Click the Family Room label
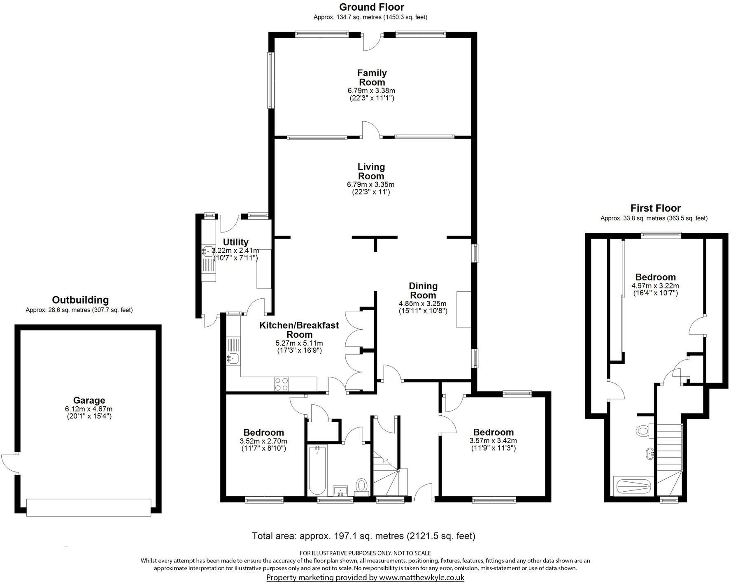pos(372,77)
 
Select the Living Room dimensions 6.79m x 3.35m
pos(371,184)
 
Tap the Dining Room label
pos(423,290)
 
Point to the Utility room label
pos(235,242)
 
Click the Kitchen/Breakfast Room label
pos(299,330)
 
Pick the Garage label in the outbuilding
pos(89,400)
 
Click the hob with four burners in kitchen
pos(281,384)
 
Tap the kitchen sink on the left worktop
pos(232,359)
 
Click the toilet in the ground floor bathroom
pos(362,485)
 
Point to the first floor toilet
pos(642,431)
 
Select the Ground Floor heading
pos(371,7)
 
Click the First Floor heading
pos(655,208)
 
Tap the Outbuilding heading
pos(80,300)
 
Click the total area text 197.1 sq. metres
pos(363,536)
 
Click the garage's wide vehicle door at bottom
pos(88,507)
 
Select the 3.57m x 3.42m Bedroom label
pos(493,432)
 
